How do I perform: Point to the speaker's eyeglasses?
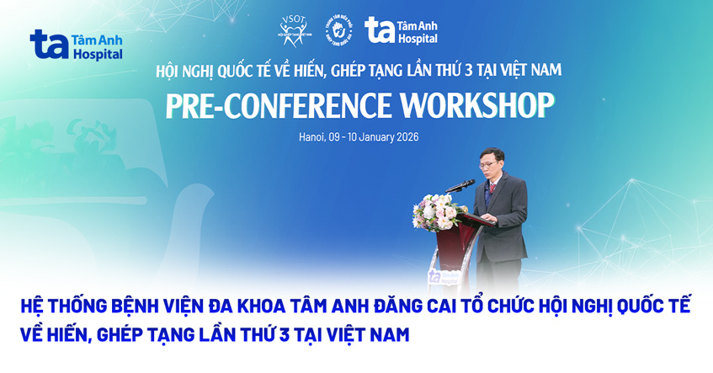pyautogui.click(x=493, y=162)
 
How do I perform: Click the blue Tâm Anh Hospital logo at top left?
pyautogui.click(x=76, y=44)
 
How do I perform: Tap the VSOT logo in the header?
pyautogui.click(x=293, y=33)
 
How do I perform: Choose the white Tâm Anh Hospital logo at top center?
pyautogui.click(x=401, y=30)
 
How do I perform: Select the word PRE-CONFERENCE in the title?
pyautogui.click(x=278, y=106)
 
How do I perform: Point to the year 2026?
pyautogui.click(x=405, y=136)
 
